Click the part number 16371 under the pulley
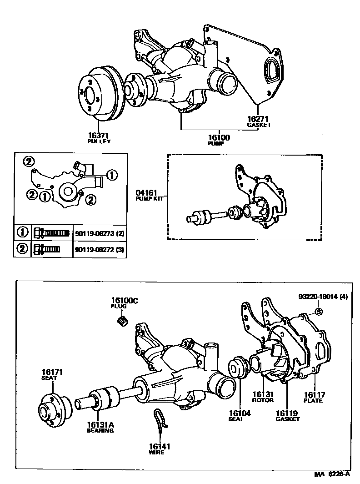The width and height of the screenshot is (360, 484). [99, 136]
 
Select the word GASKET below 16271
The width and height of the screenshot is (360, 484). [259, 125]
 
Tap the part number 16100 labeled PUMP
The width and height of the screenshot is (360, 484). [219, 137]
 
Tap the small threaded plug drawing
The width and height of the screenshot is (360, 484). [122, 323]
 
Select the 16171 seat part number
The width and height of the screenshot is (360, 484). [52, 372]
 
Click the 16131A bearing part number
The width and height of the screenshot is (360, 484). [100, 424]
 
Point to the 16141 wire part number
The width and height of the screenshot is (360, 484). [159, 447]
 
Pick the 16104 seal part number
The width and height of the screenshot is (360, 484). [240, 413]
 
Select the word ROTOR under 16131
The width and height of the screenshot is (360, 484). [263, 400]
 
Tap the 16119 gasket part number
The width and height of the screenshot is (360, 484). [287, 413]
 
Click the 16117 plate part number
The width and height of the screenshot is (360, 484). [314, 395]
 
